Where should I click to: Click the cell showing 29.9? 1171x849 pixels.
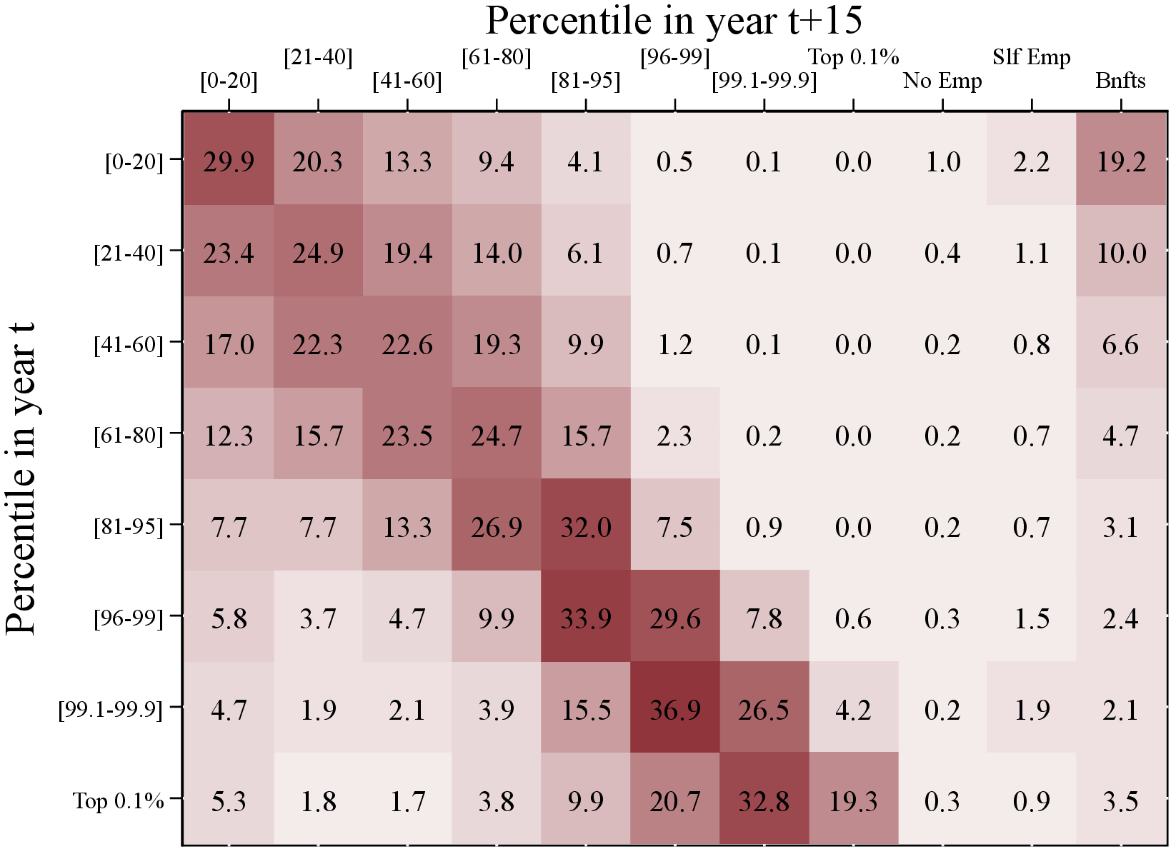pos(229,162)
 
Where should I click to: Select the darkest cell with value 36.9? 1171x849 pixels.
pos(675,710)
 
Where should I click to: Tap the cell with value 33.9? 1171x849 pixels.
pos(586,618)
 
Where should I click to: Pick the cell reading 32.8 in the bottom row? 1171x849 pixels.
pos(764,801)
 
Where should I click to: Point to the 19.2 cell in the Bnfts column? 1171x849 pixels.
pos(1121,162)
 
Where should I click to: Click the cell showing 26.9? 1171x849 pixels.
pos(497,527)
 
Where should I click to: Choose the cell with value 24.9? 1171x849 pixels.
pos(318,253)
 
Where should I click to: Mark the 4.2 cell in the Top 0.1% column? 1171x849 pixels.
pos(853,710)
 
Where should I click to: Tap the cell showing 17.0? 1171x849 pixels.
pos(229,344)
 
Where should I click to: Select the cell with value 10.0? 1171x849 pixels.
pos(1121,253)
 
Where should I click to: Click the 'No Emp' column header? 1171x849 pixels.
pos(942,81)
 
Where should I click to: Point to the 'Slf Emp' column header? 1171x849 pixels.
pos(1031,57)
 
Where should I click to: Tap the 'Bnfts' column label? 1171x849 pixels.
pos(1120,81)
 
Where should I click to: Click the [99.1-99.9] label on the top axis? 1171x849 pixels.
pos(764,81)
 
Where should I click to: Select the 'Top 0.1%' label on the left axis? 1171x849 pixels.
pos(118,801)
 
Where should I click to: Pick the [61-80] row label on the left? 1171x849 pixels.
pos(129,436)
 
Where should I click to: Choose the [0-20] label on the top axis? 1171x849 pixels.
pos(229,81)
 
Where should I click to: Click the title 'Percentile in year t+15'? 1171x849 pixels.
pos(674,21)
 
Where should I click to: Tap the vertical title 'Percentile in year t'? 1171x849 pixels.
pos(20,478)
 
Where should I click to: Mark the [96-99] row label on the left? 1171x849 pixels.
pos(129,618)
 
